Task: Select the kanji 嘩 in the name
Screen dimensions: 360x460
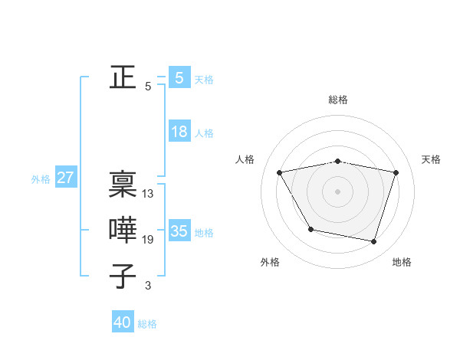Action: [123, 231]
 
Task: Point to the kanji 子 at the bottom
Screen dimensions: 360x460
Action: [123, 276]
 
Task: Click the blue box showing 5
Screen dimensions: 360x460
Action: [179, 78]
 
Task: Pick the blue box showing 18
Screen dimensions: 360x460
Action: [179, 132]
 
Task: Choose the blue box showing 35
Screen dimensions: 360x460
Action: [179, 231]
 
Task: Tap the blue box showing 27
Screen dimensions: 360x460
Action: [65, 178]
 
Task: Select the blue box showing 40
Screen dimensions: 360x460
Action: [123, 322]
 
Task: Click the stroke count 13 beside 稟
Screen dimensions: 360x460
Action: [148, 194]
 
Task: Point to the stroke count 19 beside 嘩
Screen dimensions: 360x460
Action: [148, 240]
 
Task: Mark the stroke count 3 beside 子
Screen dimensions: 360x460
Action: [148, 286]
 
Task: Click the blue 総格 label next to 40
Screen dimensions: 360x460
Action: [147, 324]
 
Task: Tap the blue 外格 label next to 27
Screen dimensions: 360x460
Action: [41, 179]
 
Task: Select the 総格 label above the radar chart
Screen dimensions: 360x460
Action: [338, 100]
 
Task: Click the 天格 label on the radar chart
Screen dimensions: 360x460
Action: [431, 159]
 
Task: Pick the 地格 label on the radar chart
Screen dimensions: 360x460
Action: [402, 262]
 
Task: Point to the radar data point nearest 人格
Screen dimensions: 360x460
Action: [280, 173]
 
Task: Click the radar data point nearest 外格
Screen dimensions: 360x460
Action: [310, 229]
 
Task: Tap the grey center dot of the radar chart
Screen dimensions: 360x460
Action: [338, 191]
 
